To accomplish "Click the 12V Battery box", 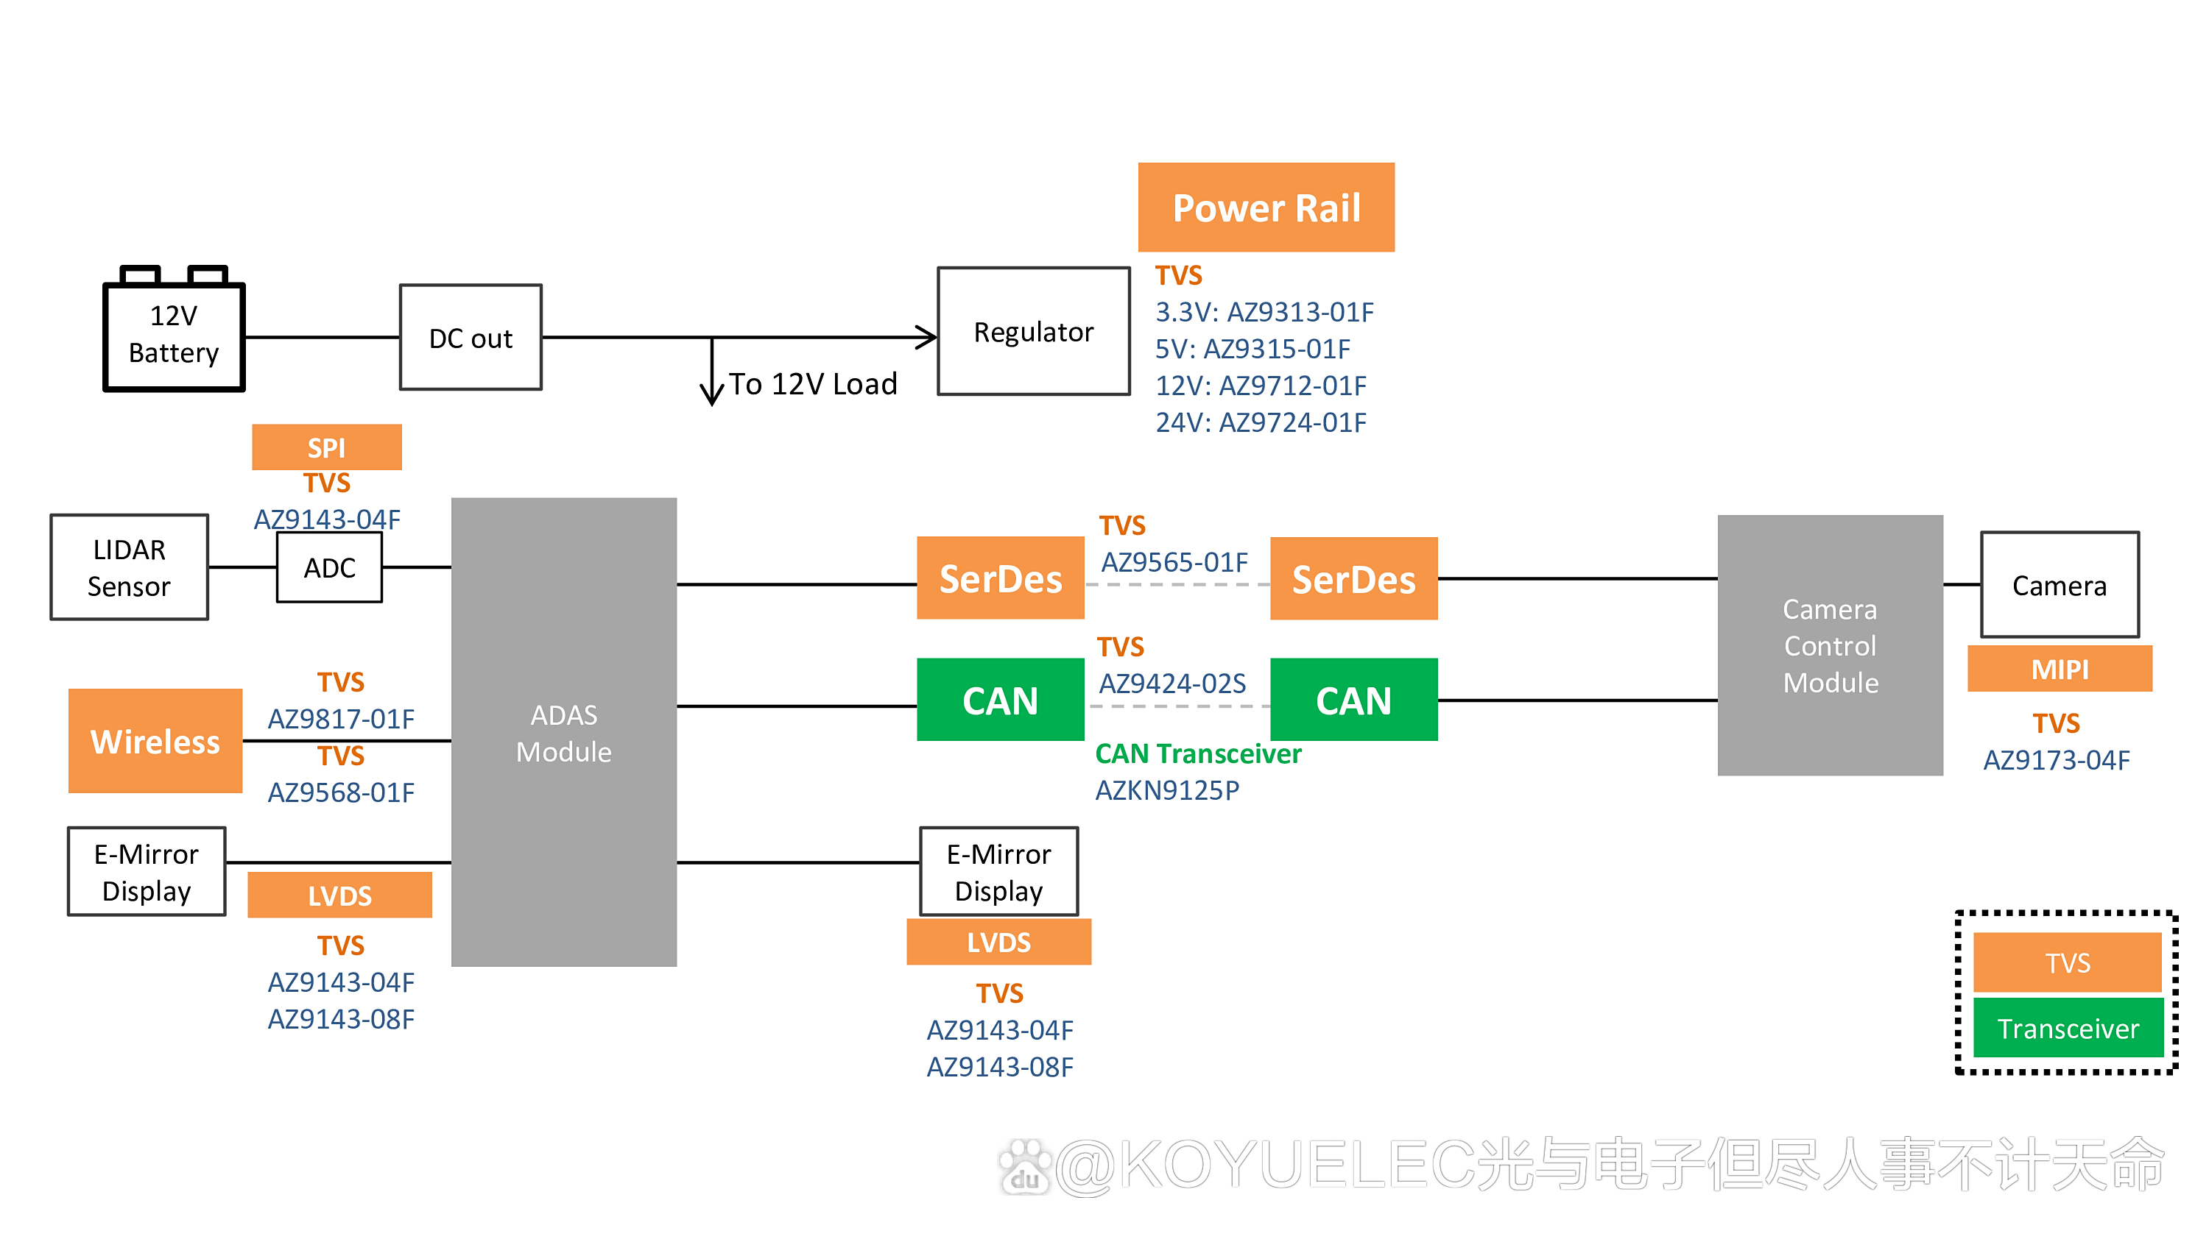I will tap(174, 335).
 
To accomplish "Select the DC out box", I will tap(470, 338).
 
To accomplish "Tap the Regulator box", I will tap(1033, 332).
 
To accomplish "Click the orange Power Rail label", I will tap(1266, 207).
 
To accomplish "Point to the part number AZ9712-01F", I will tap(1292, 386).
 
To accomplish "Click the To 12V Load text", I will tap(813, 384).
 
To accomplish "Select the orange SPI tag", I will tap(327, 447).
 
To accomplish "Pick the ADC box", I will tap(329, 567).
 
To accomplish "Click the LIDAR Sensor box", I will tap(130, 567).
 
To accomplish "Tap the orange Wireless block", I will tap(155, 742).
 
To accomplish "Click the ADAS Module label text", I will tap(563, 734).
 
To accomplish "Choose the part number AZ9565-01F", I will tap(1174, 562).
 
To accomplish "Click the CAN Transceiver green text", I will tap(1198, 753).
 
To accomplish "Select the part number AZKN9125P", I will tap(1167, 790).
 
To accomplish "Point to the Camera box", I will tap(2059, 586).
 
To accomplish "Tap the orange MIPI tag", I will tap(2059, 670).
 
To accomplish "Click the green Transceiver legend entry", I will tap(2068, 1028).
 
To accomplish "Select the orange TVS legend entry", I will tap(2068, 962).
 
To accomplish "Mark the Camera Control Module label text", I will tap(1830, 646).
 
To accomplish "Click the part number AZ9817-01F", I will tap(342, 718).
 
